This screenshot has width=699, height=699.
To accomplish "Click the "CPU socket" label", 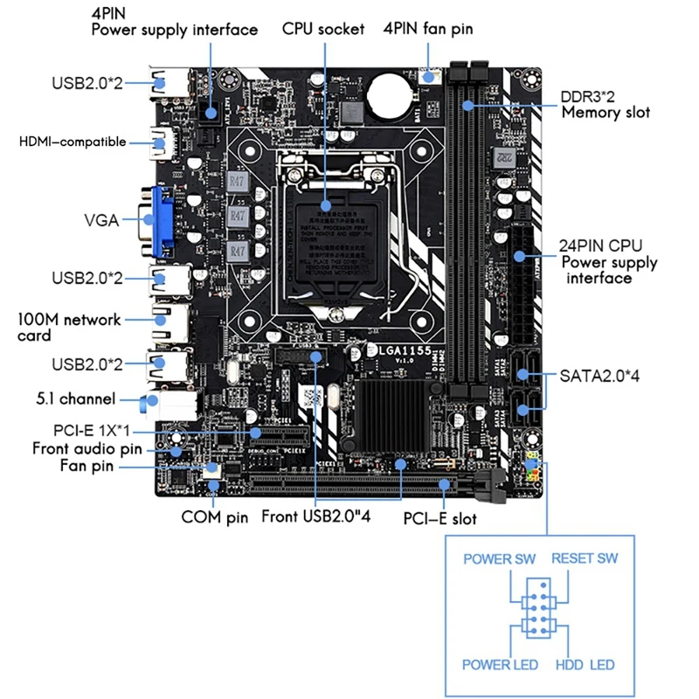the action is coord(322,29).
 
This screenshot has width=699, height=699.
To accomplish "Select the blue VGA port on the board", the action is coord(164,218).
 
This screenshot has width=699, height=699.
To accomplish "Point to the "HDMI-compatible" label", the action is coord(73,142).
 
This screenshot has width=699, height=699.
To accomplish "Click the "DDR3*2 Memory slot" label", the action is coord(606,104).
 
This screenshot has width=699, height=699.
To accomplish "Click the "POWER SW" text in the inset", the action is coord(499,558).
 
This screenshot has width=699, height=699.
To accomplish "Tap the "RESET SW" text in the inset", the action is coord(584,558).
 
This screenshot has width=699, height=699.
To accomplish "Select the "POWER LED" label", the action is coord(500,665).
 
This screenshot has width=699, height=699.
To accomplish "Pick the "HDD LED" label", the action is coord(585,665).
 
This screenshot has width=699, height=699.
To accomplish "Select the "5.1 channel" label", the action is coord(76,399).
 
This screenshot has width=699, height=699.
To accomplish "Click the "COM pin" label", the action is coord(215,517).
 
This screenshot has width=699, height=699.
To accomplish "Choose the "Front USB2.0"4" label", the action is coord(317,517).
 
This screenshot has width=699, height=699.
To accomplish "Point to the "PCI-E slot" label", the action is coord(439,519).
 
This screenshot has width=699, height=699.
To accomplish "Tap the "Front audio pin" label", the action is coord(87,449).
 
